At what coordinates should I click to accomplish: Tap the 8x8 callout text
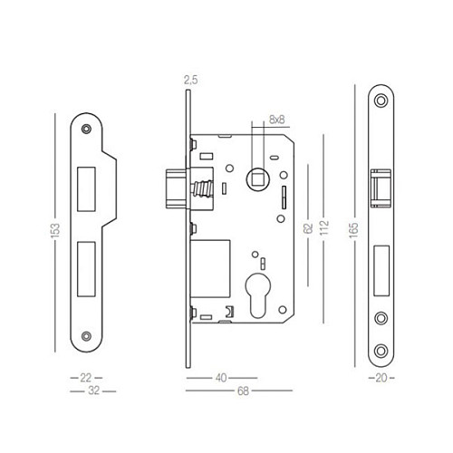pos(276,119)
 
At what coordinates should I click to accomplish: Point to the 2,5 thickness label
pos(189,81)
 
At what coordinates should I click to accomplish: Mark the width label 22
pos(86,376)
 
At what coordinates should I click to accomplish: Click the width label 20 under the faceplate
pos(380,376)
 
